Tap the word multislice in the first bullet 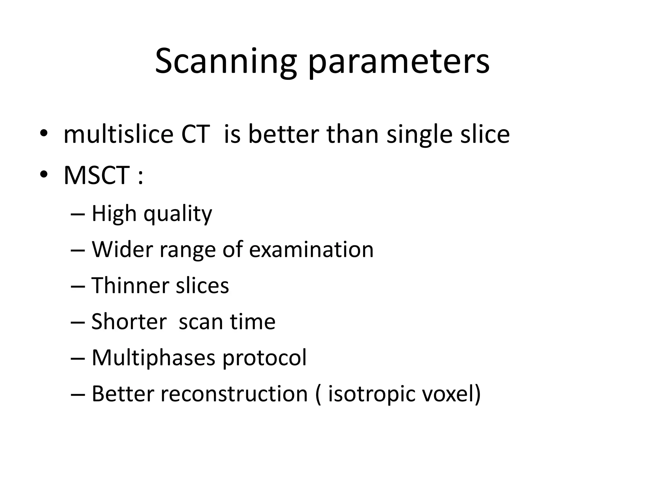(x=118, y=134)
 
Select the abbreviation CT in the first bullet (x=196, y=134)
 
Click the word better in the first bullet (x=284, y=134)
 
